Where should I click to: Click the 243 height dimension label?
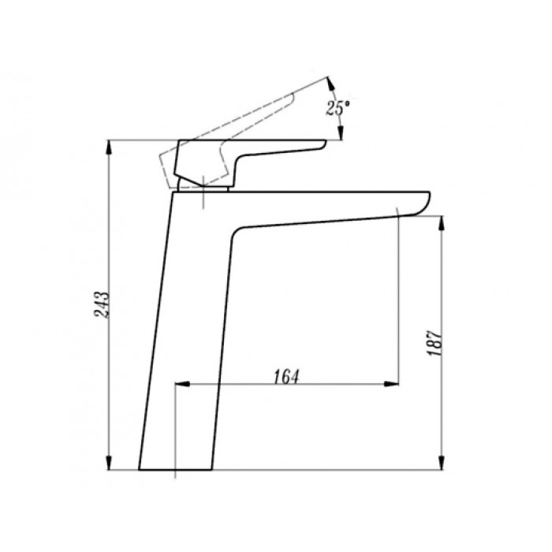point(103,304)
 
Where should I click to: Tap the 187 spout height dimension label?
point(435,343)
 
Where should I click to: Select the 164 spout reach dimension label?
point(285,377)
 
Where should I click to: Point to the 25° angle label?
point(338,107)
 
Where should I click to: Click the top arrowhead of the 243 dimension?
point(109,147)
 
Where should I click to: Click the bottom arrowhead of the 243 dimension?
point(109,463)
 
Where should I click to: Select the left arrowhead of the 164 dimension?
point(182,384)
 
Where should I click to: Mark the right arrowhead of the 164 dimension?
point(391,384)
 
